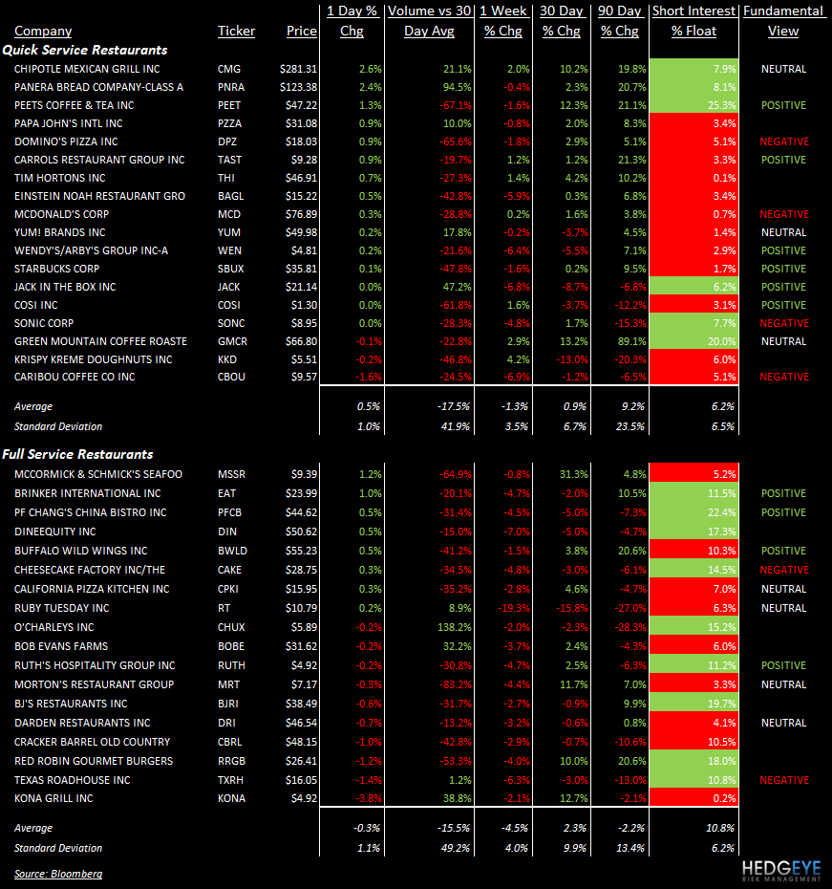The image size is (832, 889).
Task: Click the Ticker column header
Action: click(x=236, y=31)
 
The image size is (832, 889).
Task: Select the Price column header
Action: click(x=301, y=31)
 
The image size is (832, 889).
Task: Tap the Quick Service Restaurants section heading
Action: click(x=85, y=50)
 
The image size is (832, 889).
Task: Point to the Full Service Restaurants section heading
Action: click(x=78, y=454)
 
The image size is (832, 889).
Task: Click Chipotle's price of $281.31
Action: click(x=298, y=69)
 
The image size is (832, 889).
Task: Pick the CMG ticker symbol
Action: click(x=230, y=69)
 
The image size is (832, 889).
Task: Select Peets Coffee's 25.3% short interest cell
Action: click(x=693, y=105)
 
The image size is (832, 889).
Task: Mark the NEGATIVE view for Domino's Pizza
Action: click(x=783, y=141)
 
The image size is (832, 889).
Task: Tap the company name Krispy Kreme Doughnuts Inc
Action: click(x=94, y=359)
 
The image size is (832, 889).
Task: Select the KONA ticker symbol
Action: click(x=233, y=798)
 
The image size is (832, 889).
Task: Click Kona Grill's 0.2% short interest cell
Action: click(x=693, y=798)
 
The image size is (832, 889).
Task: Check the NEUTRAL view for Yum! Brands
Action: click(x=783, y=232)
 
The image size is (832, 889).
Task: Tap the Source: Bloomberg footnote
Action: click(x=58, y=874)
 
